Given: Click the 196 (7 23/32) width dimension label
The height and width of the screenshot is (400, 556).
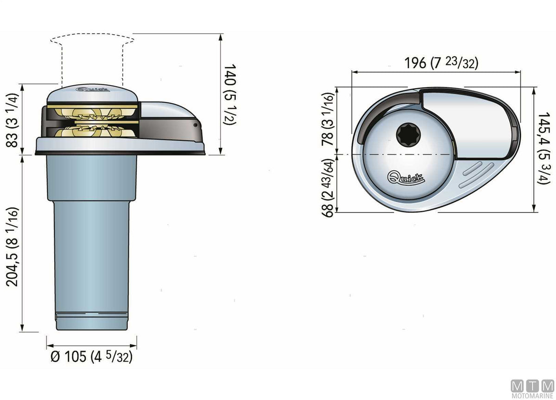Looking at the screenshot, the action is pos(441,63).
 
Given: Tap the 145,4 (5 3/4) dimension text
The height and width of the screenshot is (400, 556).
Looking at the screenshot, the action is pos(544,148).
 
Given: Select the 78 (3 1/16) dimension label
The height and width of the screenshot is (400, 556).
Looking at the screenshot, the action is pos(327,119).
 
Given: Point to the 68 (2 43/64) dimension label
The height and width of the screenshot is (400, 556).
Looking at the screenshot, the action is pos(327,187).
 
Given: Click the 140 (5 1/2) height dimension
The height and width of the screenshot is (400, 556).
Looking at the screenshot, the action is pos(230,94).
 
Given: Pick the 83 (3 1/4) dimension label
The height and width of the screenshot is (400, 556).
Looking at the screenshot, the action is pos(12,120).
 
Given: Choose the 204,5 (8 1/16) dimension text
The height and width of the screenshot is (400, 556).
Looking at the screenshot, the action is pos(12,247).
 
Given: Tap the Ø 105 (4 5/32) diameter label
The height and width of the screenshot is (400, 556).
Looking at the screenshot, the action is pos(92,356).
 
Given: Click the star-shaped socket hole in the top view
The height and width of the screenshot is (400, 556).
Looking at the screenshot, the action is pos(408,135).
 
